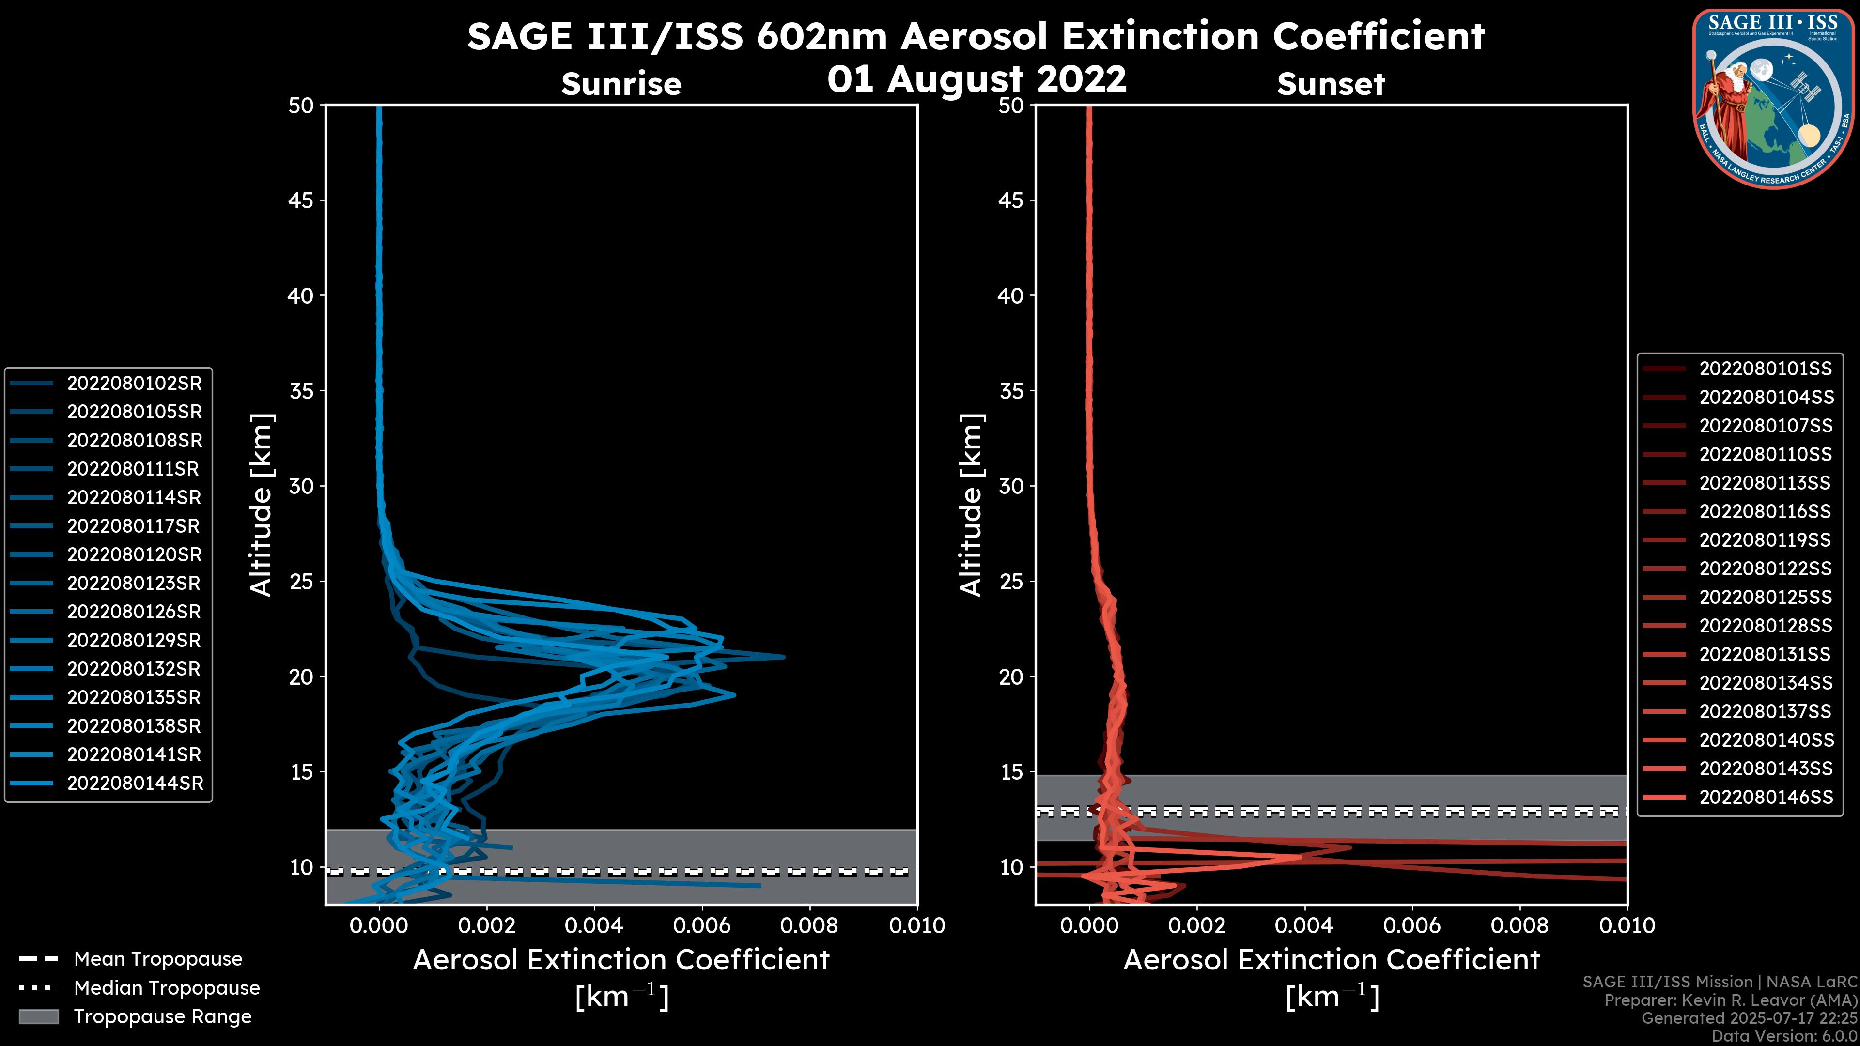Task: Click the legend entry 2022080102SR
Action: (x=134, y=384)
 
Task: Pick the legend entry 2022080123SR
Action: (x=134, y=583)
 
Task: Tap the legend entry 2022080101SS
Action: (x=1766, y=369)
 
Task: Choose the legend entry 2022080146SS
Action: (x=1766, y=797)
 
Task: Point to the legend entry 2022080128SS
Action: (x=1766, y=626)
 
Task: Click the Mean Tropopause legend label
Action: (x=158, y=959)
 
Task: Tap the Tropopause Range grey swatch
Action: (x=38, y=1016)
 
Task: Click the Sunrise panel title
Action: (x=621, y=84)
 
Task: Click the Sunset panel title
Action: (x=1331, y=84)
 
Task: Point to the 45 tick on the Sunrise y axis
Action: (x=301, y=200)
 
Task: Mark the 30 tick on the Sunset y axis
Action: (x=1011, y=486)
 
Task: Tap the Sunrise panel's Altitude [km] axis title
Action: (x=262, y=505)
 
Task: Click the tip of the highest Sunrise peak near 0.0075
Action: (x=783, y=657)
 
